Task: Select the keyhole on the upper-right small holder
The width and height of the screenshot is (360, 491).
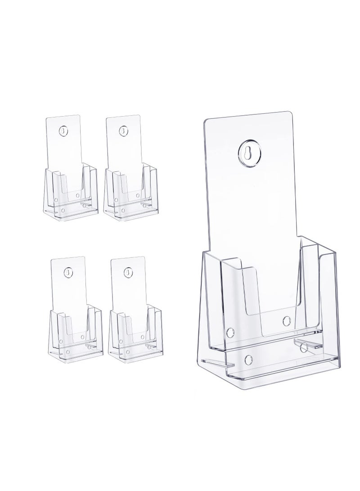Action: [x=122, y=131]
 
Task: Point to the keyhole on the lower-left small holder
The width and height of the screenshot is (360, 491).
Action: [x=68, y=272]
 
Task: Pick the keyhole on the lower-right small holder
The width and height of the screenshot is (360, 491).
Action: [x=127, y=272]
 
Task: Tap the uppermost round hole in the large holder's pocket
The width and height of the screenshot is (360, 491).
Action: [x=287, y=320]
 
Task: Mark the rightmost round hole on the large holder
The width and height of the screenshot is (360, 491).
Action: [x=302, y=347]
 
